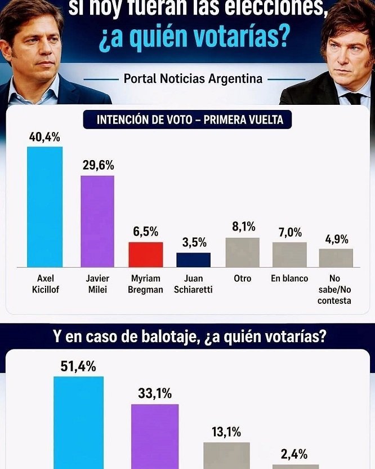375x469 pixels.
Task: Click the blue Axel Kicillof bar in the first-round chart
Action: pos(45,207)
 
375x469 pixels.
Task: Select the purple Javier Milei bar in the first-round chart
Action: pos(97,222)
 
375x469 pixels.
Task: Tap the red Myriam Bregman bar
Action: pos(146,255)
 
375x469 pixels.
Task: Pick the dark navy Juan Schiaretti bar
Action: pos(193,260)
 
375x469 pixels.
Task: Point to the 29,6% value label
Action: pos(98,165)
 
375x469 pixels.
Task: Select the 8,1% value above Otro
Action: pos(243,227)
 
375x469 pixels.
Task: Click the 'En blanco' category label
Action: pos(289,278)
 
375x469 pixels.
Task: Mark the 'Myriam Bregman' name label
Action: pos(146,284)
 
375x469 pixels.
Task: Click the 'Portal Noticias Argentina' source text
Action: pos(193,79)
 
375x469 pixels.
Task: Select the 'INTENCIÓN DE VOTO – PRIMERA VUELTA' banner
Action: pos(190,120)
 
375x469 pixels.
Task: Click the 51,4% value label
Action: pos(78,366)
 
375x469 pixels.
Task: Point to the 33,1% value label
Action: pos(155,394)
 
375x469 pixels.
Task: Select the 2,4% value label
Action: pos(294,454)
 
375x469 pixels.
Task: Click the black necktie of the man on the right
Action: pos(353,99)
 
